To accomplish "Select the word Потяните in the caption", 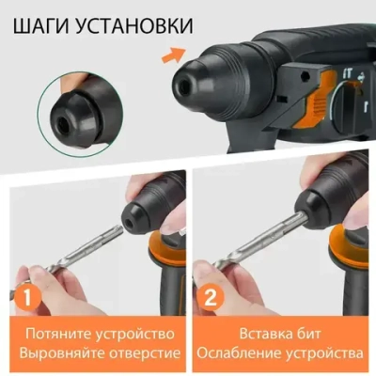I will coord(52,334).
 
